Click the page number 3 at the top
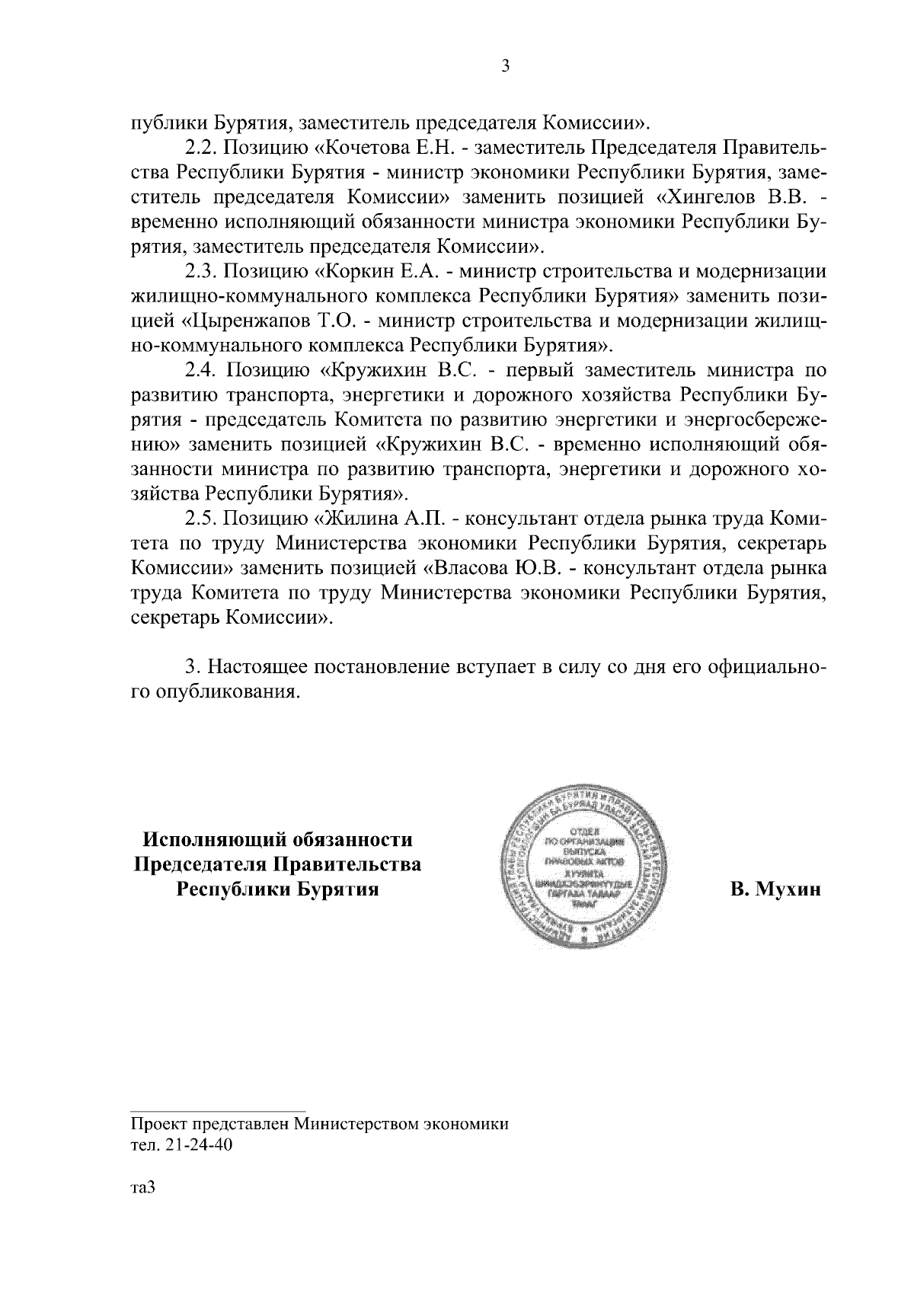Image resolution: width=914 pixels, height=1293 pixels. (505, 66)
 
